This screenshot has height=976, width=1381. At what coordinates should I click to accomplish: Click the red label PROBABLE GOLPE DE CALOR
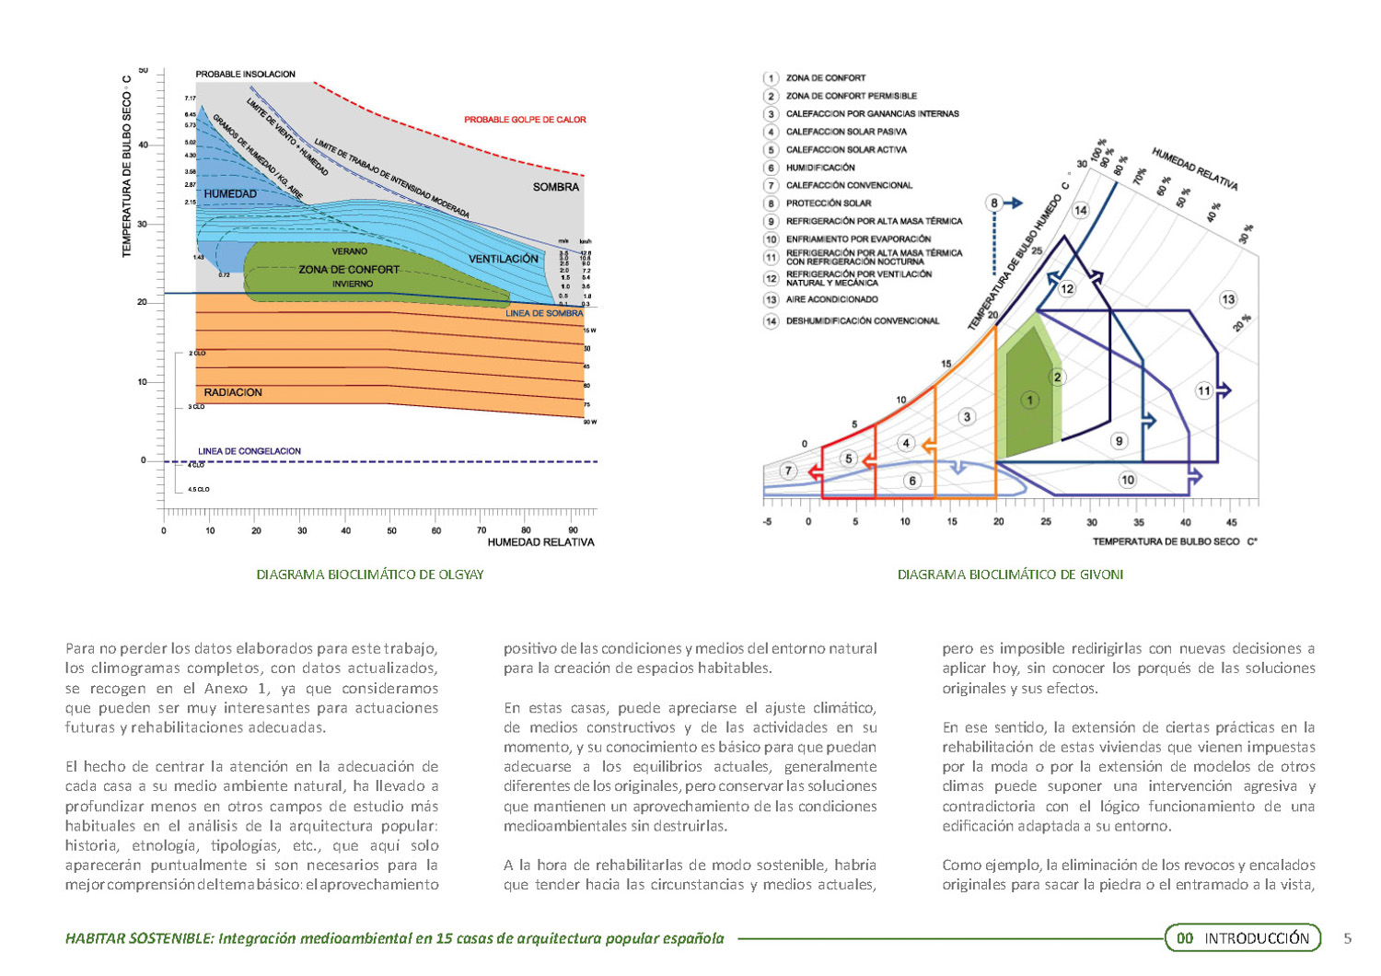pyautogui.click(x=525, y=120)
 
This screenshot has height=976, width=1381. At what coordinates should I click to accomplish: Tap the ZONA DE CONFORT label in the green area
pyautogui.click(x=349, y=270)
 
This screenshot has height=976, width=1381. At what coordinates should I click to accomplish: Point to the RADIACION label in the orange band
pyautogui.click(x=233, y=392)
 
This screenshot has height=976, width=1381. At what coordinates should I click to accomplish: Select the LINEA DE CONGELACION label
pyautogui.click(x=250, y=451)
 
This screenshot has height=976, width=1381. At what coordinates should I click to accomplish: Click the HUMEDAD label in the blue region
pyautogui.click(x=230, y=194)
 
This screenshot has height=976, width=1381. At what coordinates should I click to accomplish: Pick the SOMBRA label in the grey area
pyautogui.click(x=556, y=187)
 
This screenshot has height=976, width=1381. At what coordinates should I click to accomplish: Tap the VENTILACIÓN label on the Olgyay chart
pyautogui.click(x=504, y=259)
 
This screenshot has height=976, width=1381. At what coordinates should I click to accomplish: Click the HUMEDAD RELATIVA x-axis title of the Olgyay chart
pyautogui.click(x=540, y=542)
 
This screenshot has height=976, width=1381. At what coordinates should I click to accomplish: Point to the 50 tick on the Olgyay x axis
pyautogui.click(x=391, y=530)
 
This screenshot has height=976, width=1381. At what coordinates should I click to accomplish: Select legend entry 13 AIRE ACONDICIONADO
pyautogui.click(x=831, y=299)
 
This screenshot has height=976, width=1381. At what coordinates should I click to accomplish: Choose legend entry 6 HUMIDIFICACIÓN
pyautogui.click(x=819, y=168)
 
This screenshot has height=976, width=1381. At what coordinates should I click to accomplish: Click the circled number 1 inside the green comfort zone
pyautogui.click(x=1029, y=400)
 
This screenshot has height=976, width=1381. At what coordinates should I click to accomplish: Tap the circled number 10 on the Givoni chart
pyautogui.click(x=1127, y=480)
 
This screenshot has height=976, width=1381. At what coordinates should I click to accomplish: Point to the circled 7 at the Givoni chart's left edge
pyautogui.click(x=788, y=471)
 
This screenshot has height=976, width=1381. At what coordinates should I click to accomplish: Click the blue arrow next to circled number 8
pyautogui.click(x=1013, y=203)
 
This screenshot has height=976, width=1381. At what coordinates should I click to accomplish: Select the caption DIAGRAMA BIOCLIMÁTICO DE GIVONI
pyautogui.click(x=1010, y=575)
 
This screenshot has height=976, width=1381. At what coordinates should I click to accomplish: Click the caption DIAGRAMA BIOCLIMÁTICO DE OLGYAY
pyautogui.click(x=369, y=575)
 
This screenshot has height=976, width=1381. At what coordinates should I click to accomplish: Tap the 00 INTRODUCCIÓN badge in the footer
pyautogui.click(x=1243, y=938)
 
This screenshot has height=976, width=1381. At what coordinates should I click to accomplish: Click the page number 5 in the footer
pyautogui.click(x=1348, y=938)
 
